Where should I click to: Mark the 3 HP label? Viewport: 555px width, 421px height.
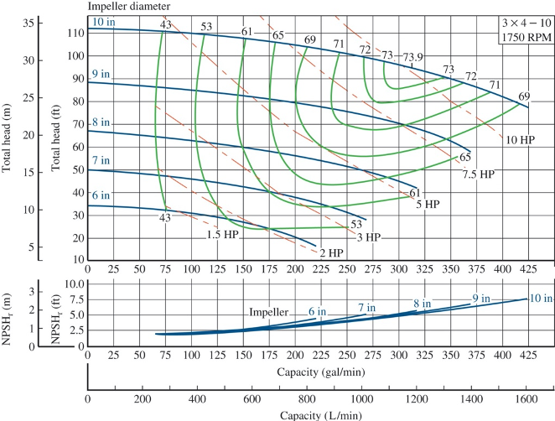tap(368, 237)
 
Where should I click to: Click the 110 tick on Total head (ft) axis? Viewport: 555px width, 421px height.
tap(75, 33)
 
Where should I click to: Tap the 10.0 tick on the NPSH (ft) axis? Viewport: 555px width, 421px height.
tap(73, 284)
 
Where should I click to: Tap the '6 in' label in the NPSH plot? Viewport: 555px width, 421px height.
tap(317, 311)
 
